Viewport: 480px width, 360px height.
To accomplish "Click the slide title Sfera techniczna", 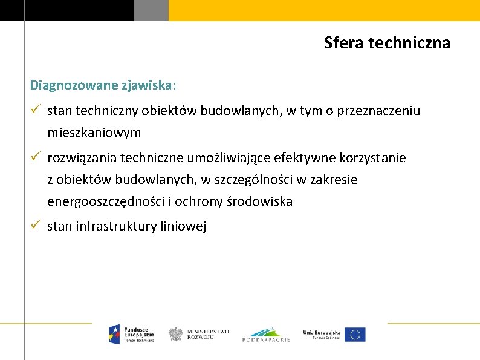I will [387, 43].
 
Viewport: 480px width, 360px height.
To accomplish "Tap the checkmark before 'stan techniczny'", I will [36, 110].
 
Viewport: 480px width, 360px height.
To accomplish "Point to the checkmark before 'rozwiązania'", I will [36, 157].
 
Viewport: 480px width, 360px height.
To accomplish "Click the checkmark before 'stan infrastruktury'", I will [36, 226].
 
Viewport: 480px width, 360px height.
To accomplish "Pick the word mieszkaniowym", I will [94, 132].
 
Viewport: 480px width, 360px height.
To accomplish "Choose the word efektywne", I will [301, 159].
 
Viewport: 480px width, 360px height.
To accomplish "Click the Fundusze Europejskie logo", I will [131, 334].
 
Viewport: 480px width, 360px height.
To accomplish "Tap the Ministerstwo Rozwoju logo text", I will [208, 334].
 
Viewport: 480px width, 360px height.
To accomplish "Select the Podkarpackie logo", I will [266, 334].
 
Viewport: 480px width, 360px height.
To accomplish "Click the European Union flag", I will [355, 334].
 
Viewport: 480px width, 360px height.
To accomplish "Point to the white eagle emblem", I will [175, 334].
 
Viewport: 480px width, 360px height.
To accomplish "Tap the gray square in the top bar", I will [151, 10].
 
